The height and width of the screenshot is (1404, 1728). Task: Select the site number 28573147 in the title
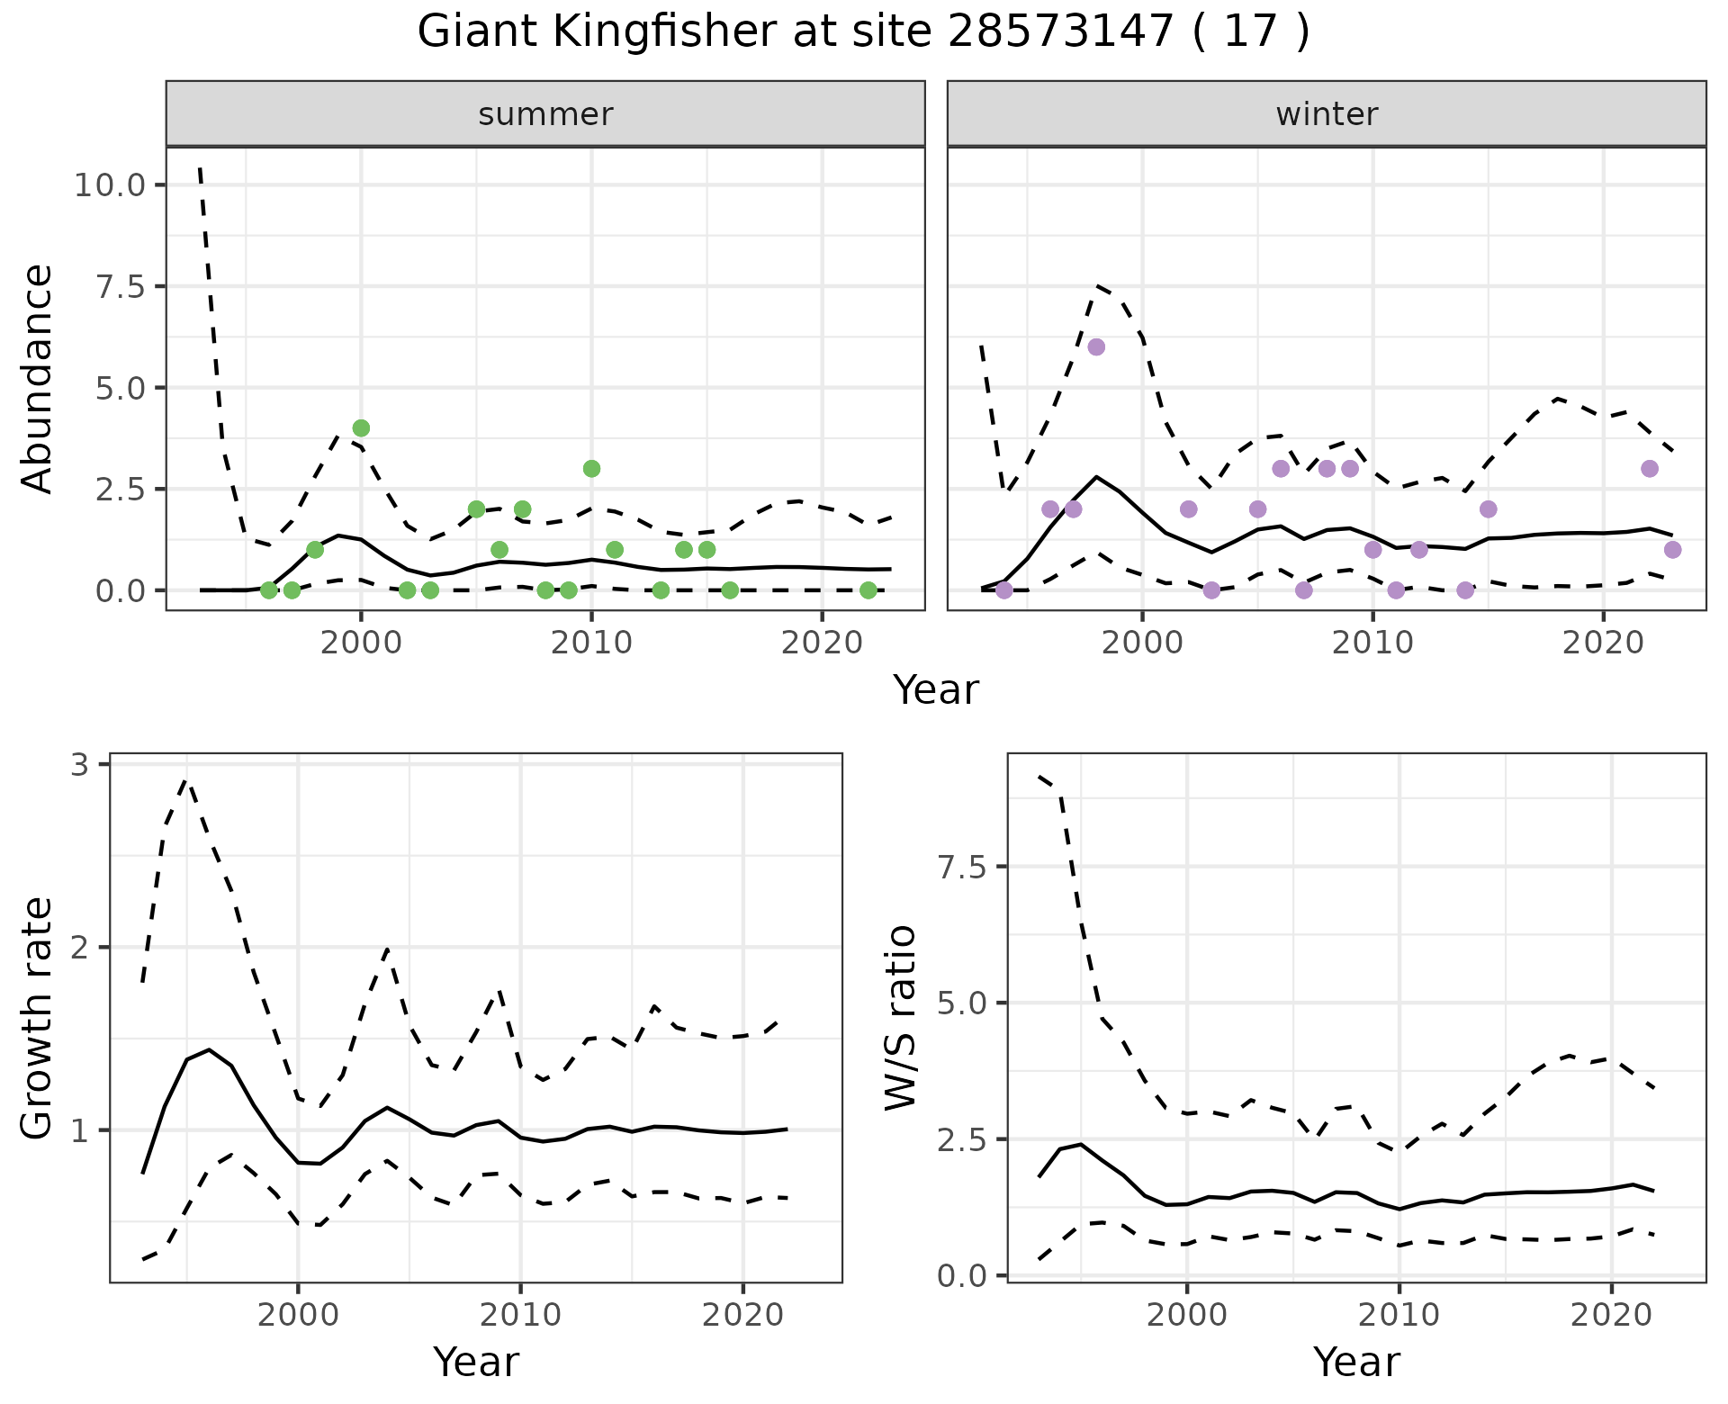tap(1061, 32)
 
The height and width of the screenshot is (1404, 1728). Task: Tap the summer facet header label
tap(545, 114)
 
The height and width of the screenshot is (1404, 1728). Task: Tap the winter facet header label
tap(1327, 114)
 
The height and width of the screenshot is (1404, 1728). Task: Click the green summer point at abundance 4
tap(361, 427)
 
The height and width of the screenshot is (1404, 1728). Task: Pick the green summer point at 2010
tap(591, 468)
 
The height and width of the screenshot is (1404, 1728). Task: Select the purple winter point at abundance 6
tap(1096, 347)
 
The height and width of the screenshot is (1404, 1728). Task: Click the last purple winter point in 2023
tap(1672, 549)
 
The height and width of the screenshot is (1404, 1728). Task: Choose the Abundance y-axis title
tap(38, 379)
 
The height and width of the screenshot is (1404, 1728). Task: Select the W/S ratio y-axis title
tap(900, 1018)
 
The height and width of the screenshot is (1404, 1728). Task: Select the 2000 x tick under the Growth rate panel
tap(298, 1315)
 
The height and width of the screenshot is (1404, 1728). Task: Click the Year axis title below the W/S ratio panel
tap(1356, 1363)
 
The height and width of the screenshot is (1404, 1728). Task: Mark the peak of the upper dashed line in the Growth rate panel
tap(185, 780)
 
